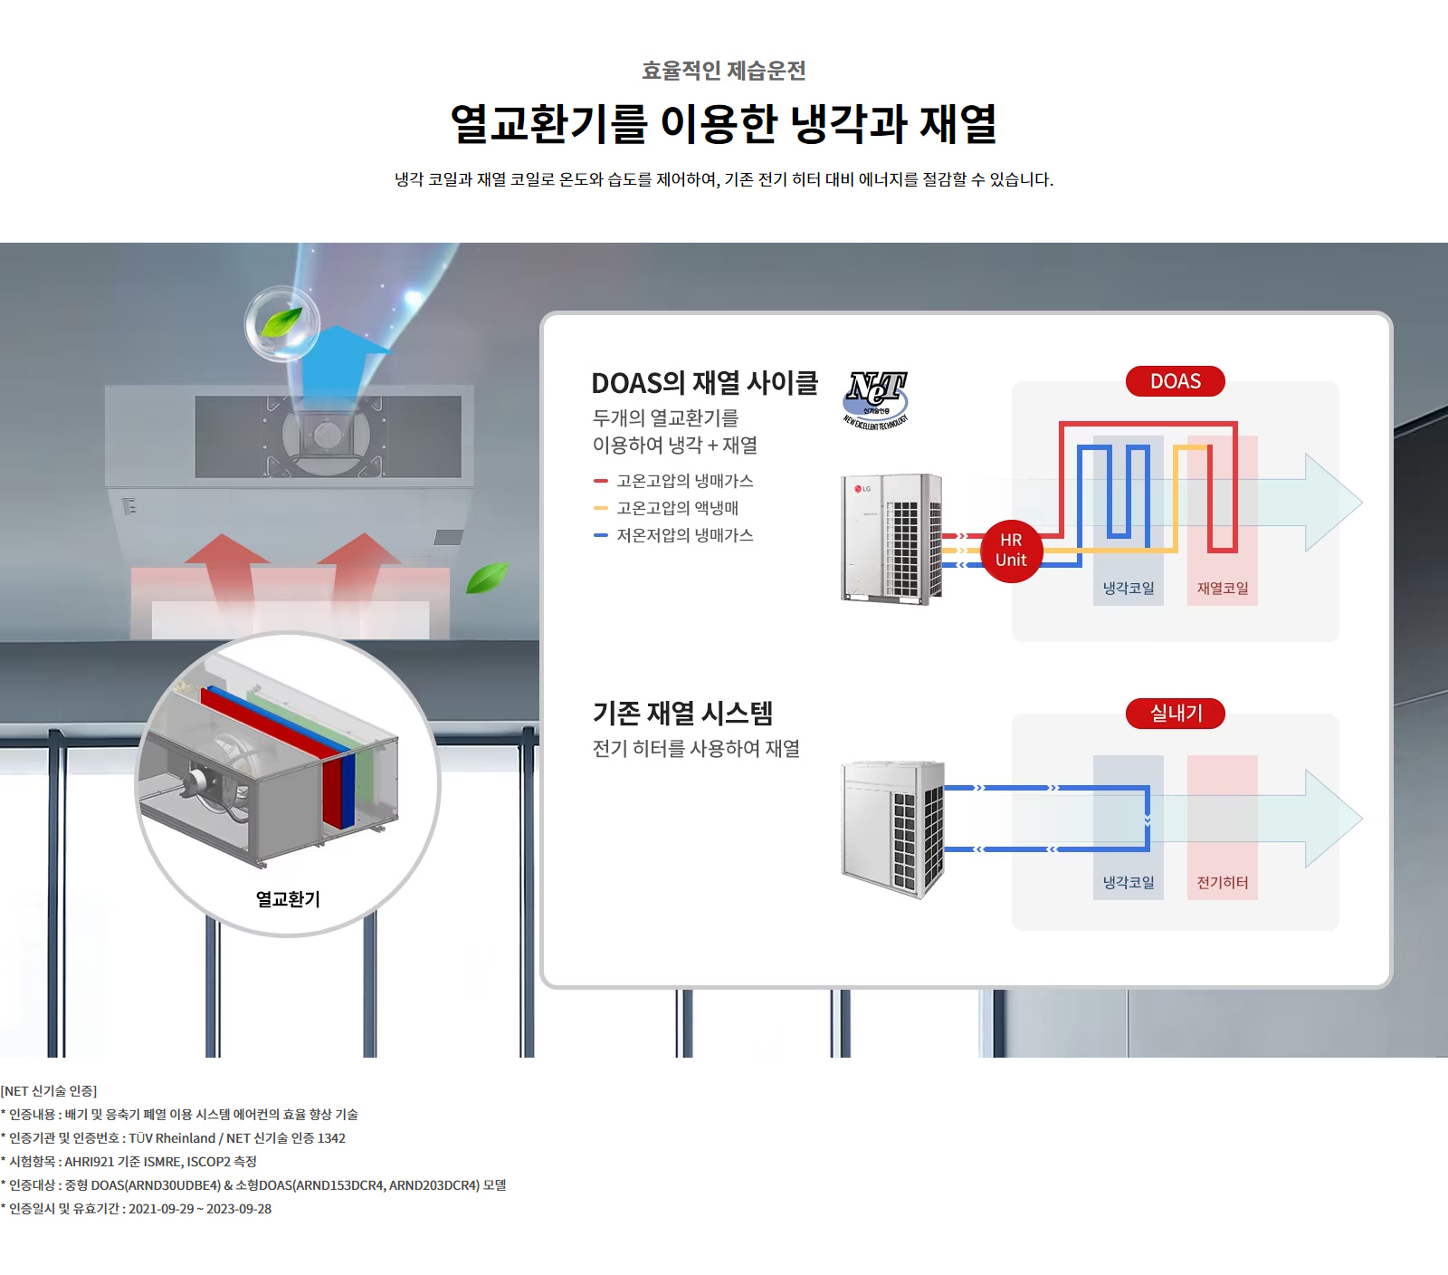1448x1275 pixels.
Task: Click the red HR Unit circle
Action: [1011, 551]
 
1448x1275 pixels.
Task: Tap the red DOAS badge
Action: [1175, 381]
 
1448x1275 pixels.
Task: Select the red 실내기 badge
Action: [1175, 714]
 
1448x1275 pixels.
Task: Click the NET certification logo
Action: [876, 398]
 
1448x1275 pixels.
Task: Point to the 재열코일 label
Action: [1222, 589]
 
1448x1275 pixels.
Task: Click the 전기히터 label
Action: [1222, 883]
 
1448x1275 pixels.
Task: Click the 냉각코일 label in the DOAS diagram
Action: [1128, 589]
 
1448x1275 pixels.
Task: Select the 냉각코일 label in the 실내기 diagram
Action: [1128, 883]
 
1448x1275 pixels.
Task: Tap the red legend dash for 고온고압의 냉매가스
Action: [600, 481]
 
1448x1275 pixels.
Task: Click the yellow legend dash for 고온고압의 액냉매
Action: [600, 508]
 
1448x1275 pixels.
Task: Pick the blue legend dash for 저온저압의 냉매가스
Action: [600, 535]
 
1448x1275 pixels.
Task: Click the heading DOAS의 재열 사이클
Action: [704, 383]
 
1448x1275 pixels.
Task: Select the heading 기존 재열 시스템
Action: [682, 714]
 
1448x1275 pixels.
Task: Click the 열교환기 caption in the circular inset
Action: [288, 899]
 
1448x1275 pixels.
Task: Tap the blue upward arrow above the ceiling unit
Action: [339, 362]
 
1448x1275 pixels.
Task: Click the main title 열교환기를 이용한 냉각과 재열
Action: [723, 124]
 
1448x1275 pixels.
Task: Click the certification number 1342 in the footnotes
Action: [331, 1138]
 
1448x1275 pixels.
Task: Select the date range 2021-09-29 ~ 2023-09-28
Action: [199, 1209]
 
